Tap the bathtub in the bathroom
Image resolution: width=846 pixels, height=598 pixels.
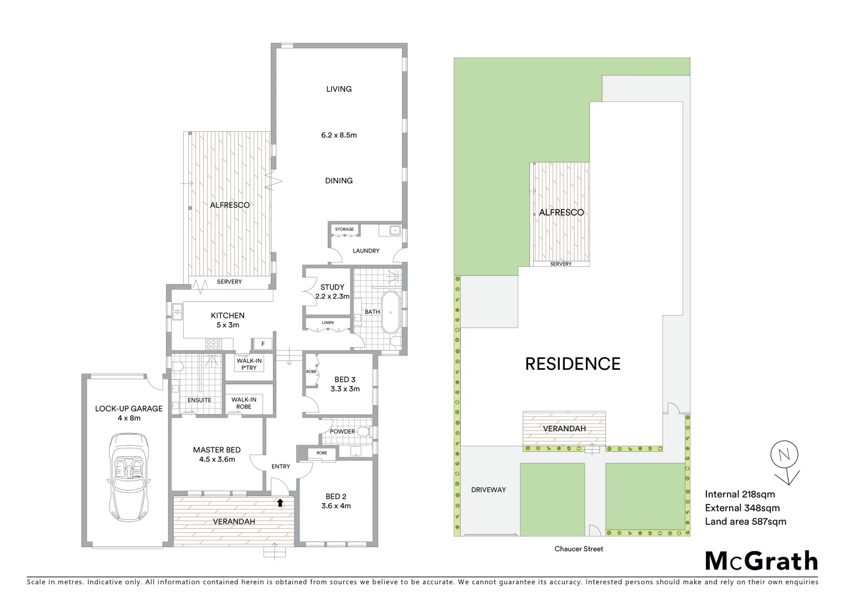(390, 312)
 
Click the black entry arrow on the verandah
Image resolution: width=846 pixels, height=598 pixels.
(280, 503)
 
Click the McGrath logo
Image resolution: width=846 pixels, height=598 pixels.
(761, 561)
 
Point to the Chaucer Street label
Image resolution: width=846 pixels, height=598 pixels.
(579, 549)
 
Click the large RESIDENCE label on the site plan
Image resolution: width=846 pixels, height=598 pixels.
(572, 364)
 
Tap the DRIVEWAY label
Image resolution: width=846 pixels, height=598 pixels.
(488, 489)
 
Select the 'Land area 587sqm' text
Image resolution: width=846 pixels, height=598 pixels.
(745, 521)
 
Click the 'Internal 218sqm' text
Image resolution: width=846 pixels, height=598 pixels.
(740, 494)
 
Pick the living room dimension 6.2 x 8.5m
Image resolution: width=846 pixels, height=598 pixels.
(339, 135)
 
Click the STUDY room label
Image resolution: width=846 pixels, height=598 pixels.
(332, 287)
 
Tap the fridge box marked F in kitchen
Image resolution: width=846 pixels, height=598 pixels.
(263, 344)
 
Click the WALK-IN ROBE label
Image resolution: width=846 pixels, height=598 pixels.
(244, 403)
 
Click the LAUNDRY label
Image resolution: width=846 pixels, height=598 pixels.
(366, 251)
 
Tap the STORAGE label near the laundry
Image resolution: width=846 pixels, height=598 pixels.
(344, 229)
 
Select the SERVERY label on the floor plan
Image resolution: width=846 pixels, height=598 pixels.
(229, 282)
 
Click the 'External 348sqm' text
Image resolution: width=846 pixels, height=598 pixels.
(742, 508)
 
